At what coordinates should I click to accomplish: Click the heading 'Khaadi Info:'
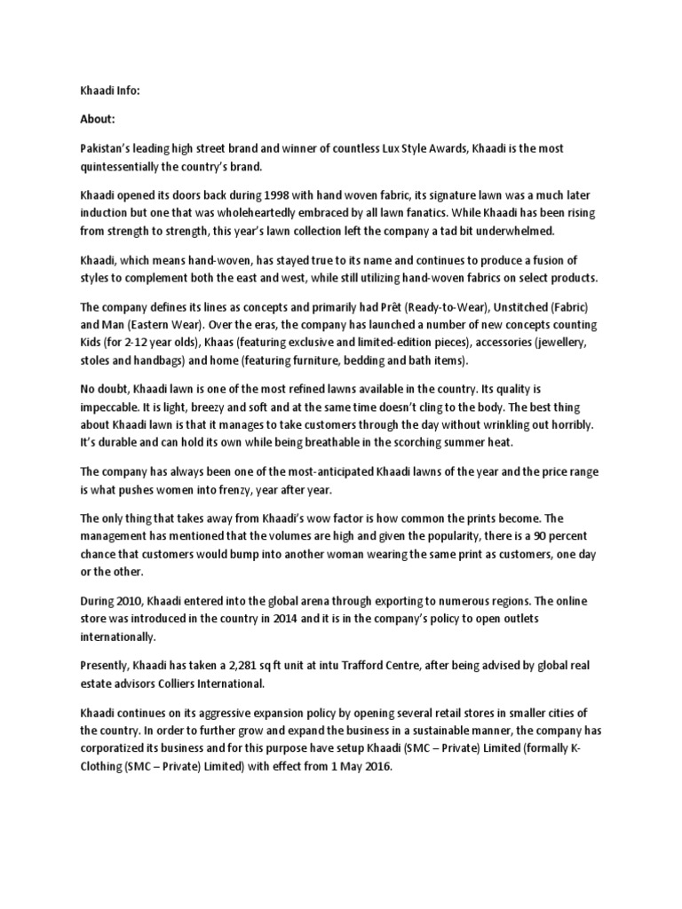(x=110, y=90)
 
